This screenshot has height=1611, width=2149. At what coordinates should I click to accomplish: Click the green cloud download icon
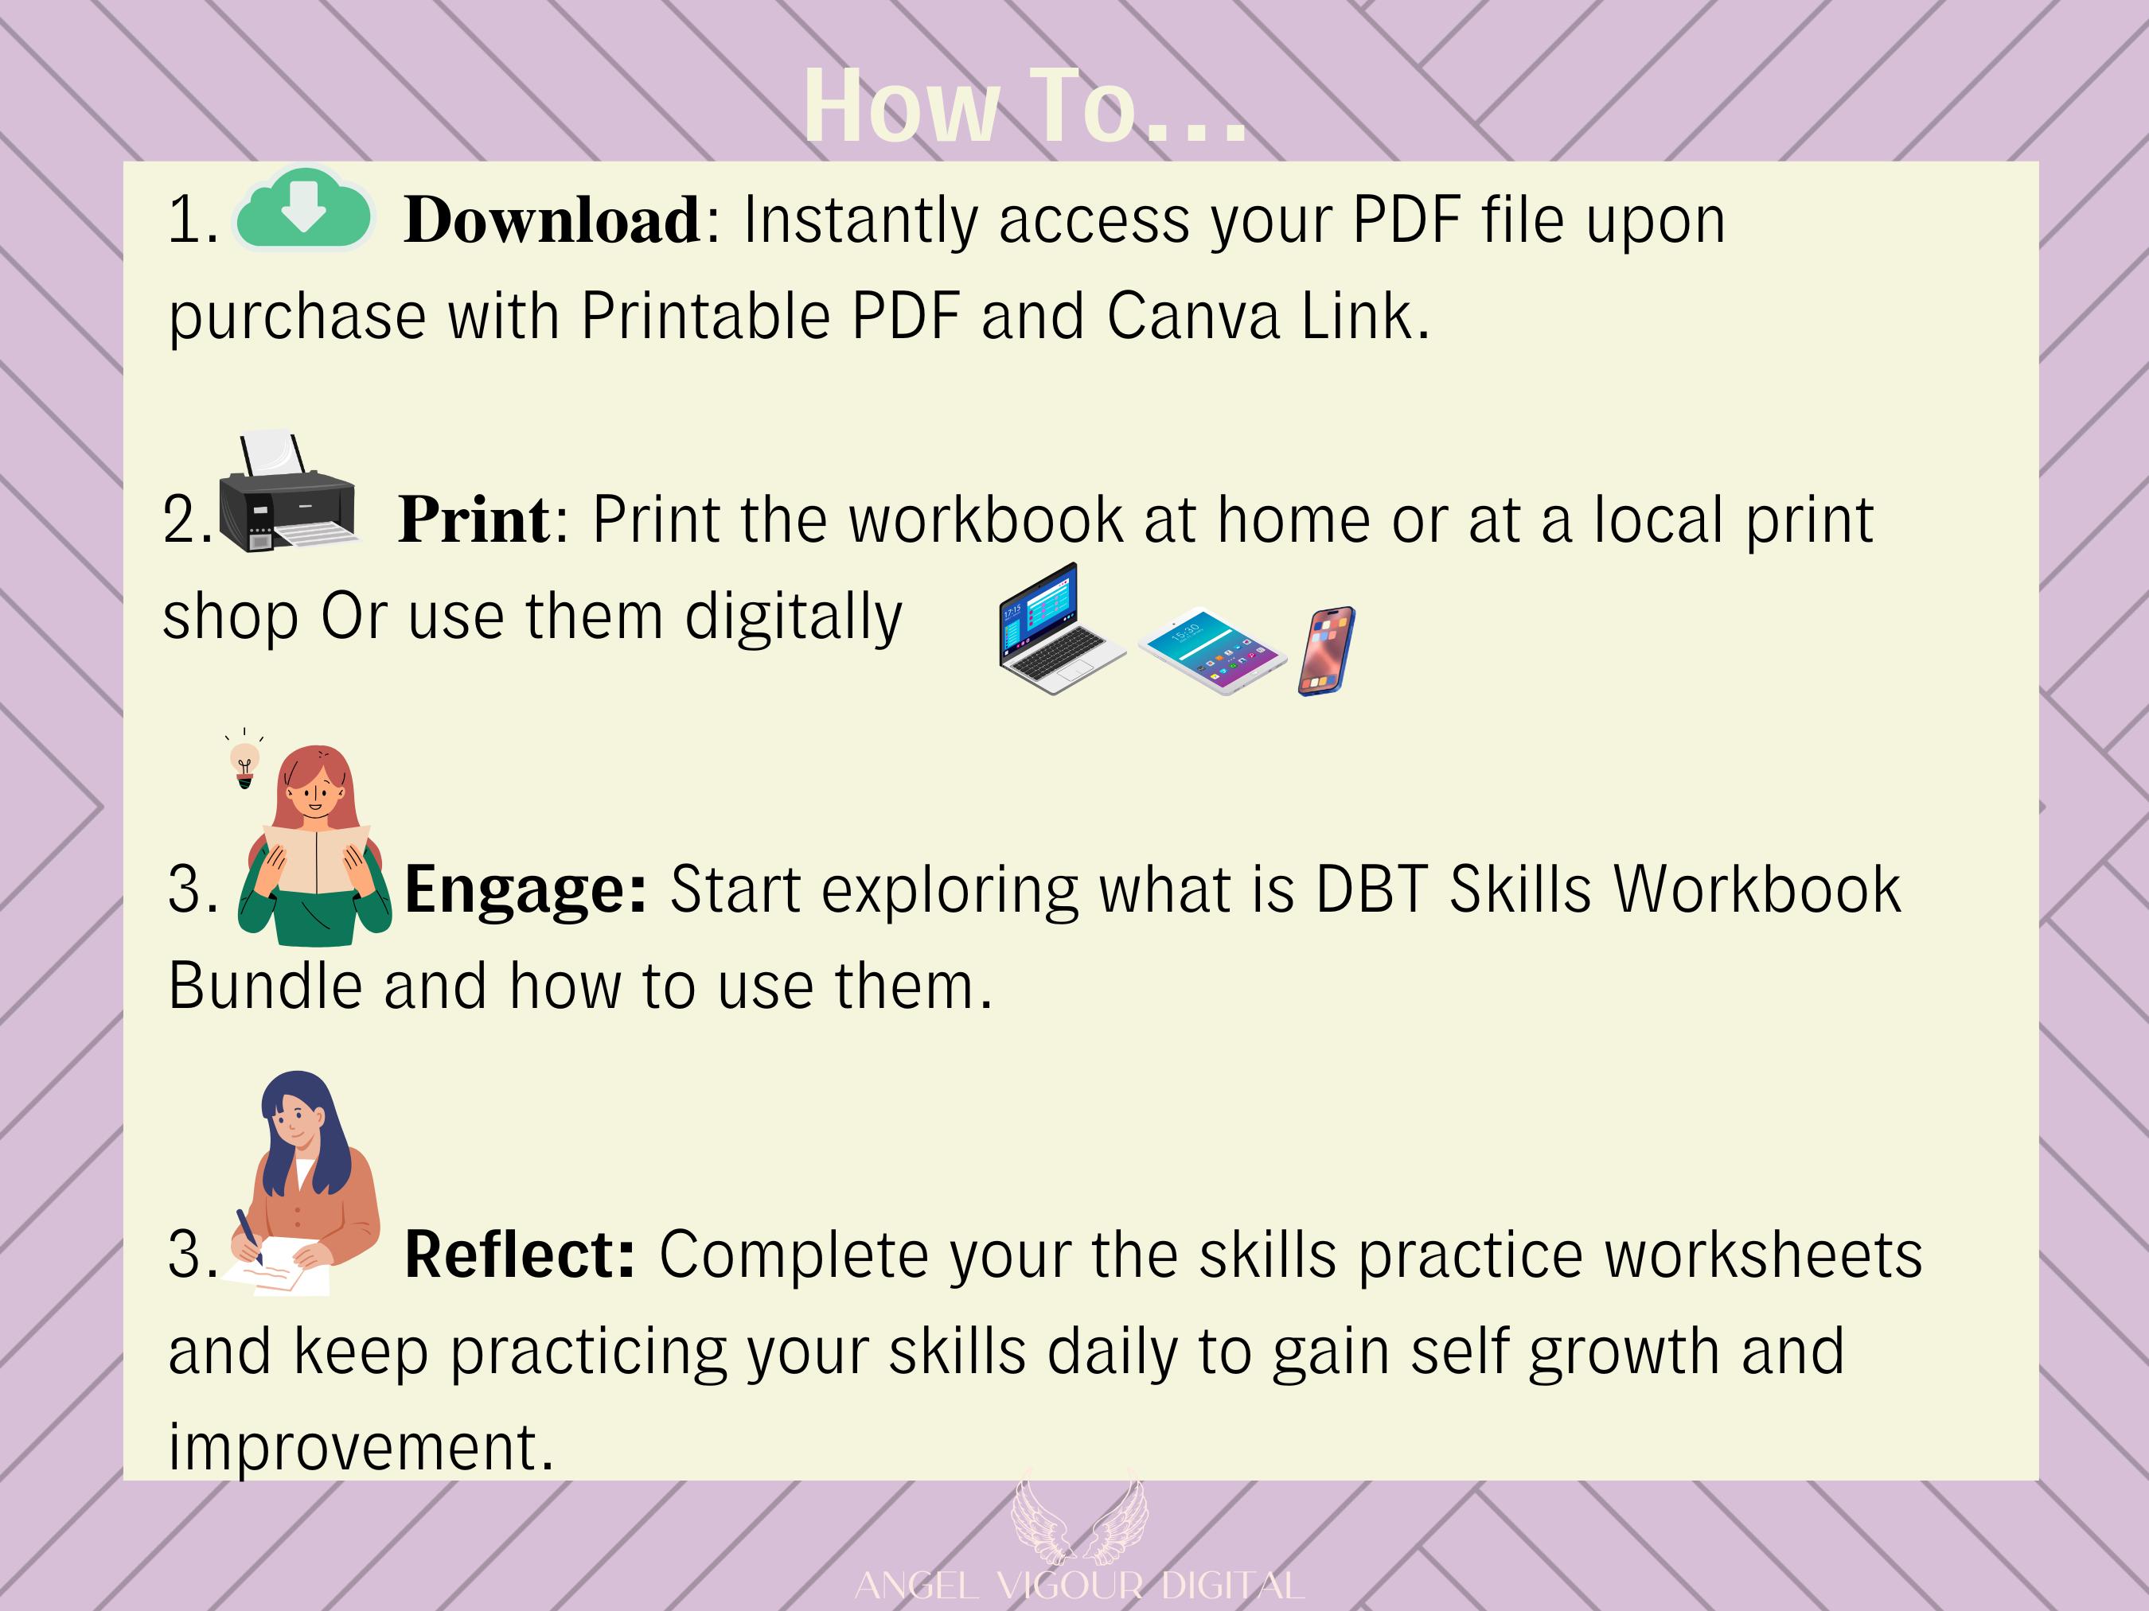click(x=303, y=208)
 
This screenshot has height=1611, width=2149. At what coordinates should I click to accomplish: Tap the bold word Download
click(x=552, y=220)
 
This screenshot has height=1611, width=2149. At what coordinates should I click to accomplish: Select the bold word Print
click(x=474, y=519)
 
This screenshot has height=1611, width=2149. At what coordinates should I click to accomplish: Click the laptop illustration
click(x=1061, y=628)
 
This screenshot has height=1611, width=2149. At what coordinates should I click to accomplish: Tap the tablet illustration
click(x=1211, y=651)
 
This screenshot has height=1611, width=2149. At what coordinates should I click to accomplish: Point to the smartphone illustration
click(x=1326, y=651)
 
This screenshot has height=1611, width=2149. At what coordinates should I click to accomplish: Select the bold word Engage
click(x=525, y=889)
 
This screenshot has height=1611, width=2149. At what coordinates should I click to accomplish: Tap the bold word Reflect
click(x=520, y=1254)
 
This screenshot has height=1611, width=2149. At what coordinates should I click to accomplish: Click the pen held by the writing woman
click(x=248, y=1237)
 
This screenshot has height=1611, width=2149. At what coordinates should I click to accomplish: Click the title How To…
click(x=1025, y=107)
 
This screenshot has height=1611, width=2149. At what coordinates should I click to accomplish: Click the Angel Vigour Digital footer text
click(x=1078, y=1586)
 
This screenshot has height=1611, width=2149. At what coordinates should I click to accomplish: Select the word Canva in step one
click(x=1193, y=317)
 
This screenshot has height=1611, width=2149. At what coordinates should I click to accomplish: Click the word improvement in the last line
click(x=361, y=1448)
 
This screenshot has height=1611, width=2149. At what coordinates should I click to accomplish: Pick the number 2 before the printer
click(x=181, y=519)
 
